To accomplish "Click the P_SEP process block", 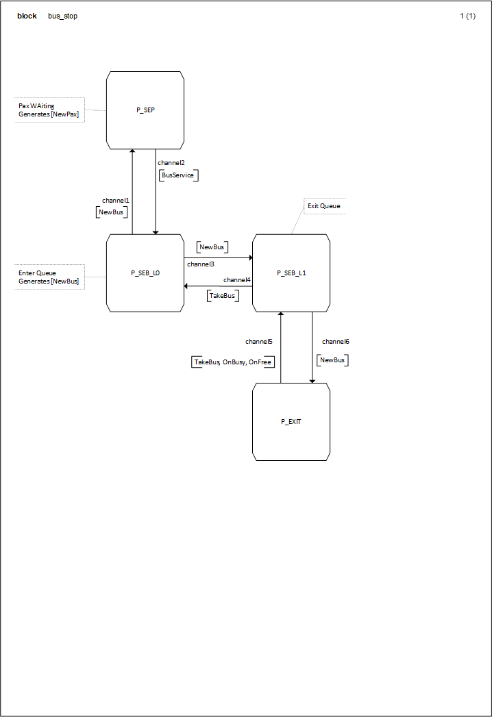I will (145, 110).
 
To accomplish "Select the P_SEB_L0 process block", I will (145, 273).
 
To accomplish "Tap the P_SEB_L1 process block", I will (291, 273).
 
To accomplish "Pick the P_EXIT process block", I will (291, 421).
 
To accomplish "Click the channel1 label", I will (116, 201).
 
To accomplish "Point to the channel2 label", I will (171, 163).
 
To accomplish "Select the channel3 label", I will (200, 264).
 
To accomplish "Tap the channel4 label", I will (237, 280).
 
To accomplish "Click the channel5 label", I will (259, 341).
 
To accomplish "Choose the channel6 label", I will (336, 341).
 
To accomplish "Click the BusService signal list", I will (178, 175).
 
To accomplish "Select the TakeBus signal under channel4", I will (223, 295).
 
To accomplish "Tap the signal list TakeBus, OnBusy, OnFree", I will (233, 362).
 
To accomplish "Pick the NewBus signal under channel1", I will (112, 212).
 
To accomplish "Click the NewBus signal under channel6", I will (333, 360).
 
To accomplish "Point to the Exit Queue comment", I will (323, 205).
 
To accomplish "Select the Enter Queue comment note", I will (49, 277).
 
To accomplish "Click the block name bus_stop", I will (62, 16).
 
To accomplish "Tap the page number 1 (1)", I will (467, 16).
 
